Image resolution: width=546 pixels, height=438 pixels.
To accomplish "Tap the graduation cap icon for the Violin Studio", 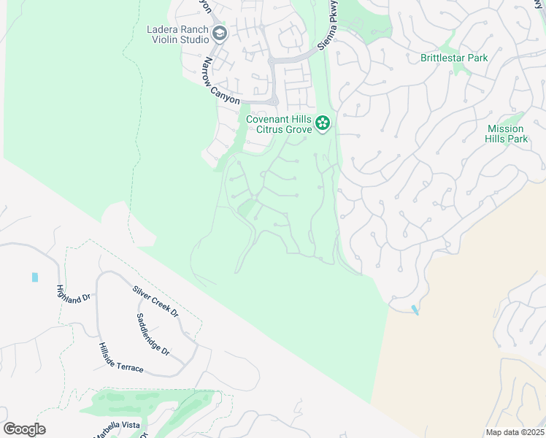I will click(x=219, y=34).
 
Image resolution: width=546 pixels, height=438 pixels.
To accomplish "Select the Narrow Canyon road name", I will click(x=221, y=80).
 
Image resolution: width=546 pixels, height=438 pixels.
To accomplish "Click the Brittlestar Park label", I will click(x=454, y=58).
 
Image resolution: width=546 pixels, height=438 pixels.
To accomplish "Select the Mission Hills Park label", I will click(x=507, y=134).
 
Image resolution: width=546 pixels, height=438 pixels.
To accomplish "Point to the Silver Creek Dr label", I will click(x=155, y=301).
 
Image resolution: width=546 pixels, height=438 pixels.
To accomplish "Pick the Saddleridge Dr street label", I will click(x=153, y=335).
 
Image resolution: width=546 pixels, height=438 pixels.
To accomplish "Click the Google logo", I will click(x=24, y=429).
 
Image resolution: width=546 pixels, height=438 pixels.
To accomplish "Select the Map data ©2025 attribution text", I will click(x=513, y=432).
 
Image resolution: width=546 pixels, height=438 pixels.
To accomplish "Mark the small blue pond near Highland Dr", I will click(x=34, y=277).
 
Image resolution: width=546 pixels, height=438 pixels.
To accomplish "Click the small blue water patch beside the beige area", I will click(x=415, y=310).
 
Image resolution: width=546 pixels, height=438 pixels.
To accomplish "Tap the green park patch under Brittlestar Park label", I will click(x=458, y=69).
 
